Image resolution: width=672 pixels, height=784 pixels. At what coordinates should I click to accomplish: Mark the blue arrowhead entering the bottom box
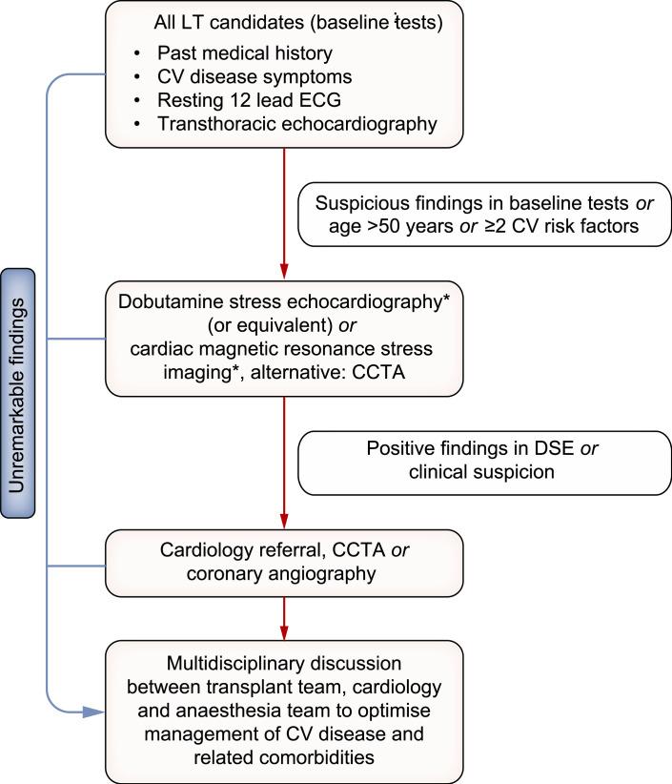(x=93, y=712)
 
